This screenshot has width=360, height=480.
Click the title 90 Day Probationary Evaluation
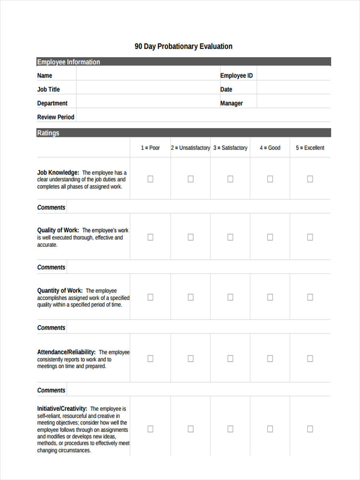pos(183,46)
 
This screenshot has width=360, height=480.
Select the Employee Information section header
pos(68,62)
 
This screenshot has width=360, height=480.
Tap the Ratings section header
pos(48,133)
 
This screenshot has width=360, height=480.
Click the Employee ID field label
pos(236,76)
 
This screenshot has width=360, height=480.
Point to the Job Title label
pos(48,90)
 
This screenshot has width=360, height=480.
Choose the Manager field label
pos(231,103)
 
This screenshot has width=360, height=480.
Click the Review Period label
pos(56,117)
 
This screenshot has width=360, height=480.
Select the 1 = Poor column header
pos(150,148)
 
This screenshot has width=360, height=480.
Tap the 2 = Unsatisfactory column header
pos(190,148)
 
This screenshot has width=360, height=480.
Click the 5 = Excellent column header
pos(310,148)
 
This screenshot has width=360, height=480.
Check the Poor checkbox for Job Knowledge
pos(150,179)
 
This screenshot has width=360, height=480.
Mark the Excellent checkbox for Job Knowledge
pos(310,179)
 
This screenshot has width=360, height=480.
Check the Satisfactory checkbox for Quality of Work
pos(230,237)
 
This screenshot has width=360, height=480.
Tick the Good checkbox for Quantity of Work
pos(270,297)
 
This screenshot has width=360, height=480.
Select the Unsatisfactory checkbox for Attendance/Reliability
pos(191,358)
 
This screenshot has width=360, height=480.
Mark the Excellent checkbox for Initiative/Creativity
pos(310,429)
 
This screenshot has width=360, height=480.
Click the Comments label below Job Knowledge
pos(51,208)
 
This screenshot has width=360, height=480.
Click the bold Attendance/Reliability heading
pos(66,352)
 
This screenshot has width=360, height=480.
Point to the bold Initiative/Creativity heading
pos(62,409)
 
